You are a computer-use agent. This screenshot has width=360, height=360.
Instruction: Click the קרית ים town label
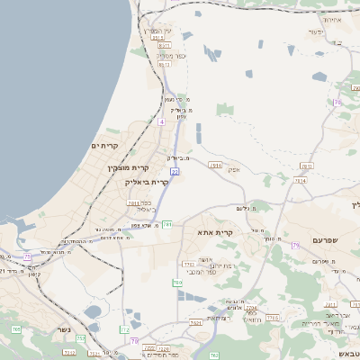point(105,145)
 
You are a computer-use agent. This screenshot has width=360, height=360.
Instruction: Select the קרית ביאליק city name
point(147,181)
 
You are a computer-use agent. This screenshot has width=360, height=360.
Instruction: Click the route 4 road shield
point(160,121)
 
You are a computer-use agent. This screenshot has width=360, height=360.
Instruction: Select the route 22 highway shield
point(175,170)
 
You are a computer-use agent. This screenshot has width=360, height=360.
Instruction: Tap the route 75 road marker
point(28,256)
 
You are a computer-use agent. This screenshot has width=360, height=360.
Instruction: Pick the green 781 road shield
point(167,223)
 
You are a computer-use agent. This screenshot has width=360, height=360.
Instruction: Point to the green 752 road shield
point(80,339)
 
